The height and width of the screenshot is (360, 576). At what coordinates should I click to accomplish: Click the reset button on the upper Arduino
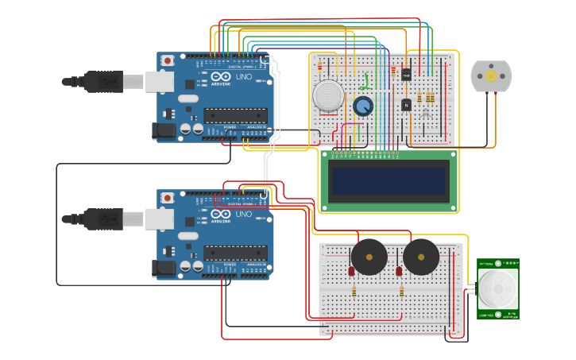[x=168, y=60]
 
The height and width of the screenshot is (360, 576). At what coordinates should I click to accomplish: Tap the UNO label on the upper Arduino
[x=243, y=77]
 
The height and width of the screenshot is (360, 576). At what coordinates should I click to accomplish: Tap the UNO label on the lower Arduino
[x=243, y=214]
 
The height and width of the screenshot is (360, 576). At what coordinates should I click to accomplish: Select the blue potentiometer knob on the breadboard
[x=363, y=106]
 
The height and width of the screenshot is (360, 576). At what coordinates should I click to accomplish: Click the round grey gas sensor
[x=329, y=95]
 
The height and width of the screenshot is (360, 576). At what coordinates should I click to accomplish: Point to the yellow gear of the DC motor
[x=491, y=76]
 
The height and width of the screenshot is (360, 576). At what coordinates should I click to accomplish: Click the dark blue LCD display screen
[x=389, y=181]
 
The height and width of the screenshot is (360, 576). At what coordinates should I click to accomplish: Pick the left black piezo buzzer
[x=369, y=256]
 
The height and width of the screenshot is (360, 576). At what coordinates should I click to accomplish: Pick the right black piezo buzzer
[x=421, y=256]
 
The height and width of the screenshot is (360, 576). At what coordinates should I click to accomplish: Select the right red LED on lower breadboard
[x=399, y=272]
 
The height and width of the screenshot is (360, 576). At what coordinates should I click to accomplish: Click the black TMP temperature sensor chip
[x=406, y=75]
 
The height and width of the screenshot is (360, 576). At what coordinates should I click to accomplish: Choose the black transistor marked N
[x=405, y=104]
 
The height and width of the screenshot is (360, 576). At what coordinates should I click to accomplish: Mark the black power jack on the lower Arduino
[x=164, y=268]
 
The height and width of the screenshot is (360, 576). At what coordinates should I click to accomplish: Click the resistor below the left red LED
[x=354, y=291]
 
